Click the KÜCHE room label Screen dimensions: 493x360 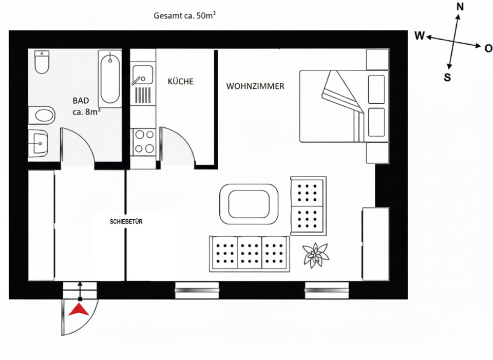point(181,82)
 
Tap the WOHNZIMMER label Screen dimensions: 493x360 point(255,86)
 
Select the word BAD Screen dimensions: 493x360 point(81,101)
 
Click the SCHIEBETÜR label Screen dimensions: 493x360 point(126,222)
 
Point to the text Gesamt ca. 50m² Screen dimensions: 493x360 point(184,16)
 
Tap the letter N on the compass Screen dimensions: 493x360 point(460,7)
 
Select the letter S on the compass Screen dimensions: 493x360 point(447,78)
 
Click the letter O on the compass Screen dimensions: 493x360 point(488,48)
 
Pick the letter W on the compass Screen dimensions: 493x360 point(420,35)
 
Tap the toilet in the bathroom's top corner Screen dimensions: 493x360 point(41,62)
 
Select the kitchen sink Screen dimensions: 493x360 point(141,75)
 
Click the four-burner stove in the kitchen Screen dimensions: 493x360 point(143,142)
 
